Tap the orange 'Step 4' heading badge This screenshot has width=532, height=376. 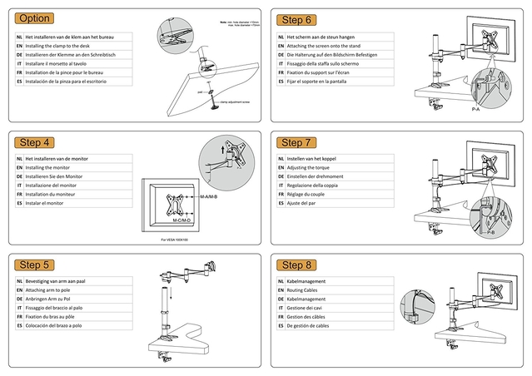coord(35,142)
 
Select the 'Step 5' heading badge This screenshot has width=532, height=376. coord(35,265)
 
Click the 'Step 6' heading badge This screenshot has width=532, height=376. coord(296,20)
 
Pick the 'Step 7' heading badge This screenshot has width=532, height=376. coord(296,143)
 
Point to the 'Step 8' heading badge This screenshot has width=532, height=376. coord(296,265)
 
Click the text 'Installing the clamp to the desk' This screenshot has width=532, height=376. coord(65,47)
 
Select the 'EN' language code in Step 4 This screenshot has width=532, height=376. coord(18,167)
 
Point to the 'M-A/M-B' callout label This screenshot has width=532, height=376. coord(208,197)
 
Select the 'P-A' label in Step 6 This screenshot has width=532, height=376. coord(475,109)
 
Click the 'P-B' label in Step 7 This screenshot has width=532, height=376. coord(490,234)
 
